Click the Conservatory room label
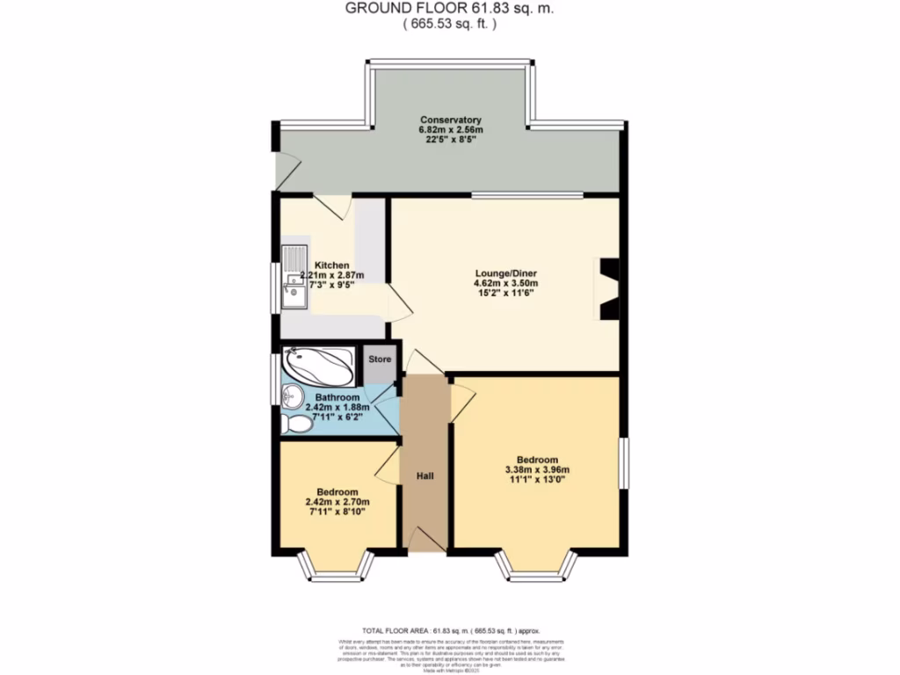[x=450, y=120]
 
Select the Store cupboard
[x=379, y=360]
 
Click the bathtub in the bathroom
[x=318, y=365]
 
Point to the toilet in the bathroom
[x=296, y=425]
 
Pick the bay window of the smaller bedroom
[x=337, y=569]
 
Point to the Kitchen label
[x=332, y=265]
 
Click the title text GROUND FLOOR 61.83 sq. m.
[x=449, y=8]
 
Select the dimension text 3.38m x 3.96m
[x=536, y=470]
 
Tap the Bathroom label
[x=337, y=397]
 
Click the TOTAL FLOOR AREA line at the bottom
[x=451, y=630]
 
